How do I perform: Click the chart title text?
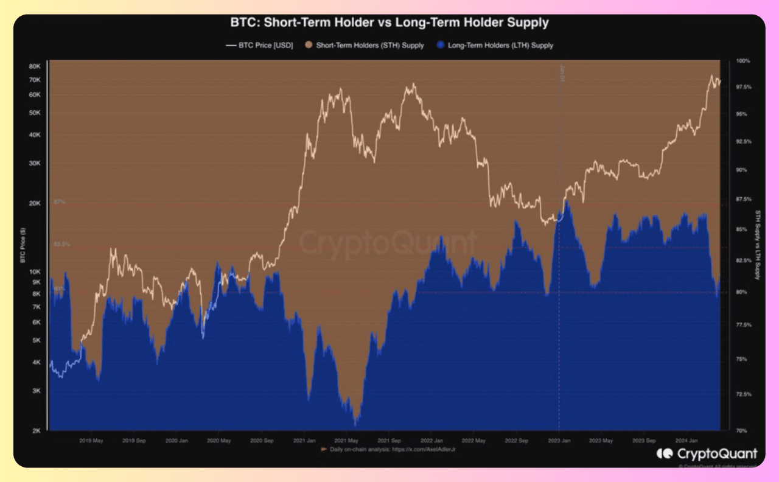tap(389, 23)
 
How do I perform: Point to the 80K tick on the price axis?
tap(35, 66)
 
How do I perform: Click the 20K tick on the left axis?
tap(35, 203)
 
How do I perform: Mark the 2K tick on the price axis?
tap(36, 431)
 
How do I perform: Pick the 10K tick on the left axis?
tap(35, 271)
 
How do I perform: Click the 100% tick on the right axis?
tap(742, 61)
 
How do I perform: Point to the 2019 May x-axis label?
tap(91, 440)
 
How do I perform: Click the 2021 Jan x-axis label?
tap(304, 440)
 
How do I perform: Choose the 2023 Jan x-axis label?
tap(559, 440)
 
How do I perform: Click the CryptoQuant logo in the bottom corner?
tap(707, 453)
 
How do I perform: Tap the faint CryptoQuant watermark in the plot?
tap(388, 243)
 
